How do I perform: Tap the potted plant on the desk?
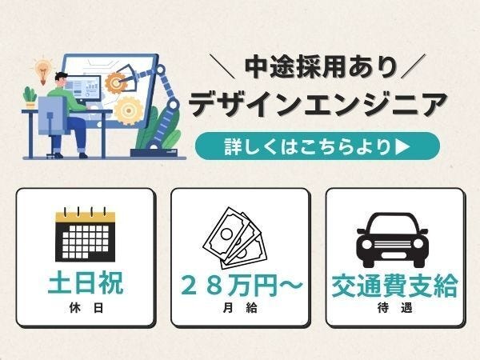30,98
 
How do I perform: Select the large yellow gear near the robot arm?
129,110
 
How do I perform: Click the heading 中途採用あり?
321,66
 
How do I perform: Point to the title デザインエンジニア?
318,104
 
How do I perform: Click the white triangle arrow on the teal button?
402,146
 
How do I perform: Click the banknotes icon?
234,238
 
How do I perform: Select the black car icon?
392,240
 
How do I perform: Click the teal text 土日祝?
86,283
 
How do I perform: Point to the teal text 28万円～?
242,286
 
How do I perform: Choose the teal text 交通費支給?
395,286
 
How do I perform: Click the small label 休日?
86,308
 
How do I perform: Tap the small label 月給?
240,308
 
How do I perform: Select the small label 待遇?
395,308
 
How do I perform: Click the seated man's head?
61,80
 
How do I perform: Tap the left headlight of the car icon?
367,244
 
